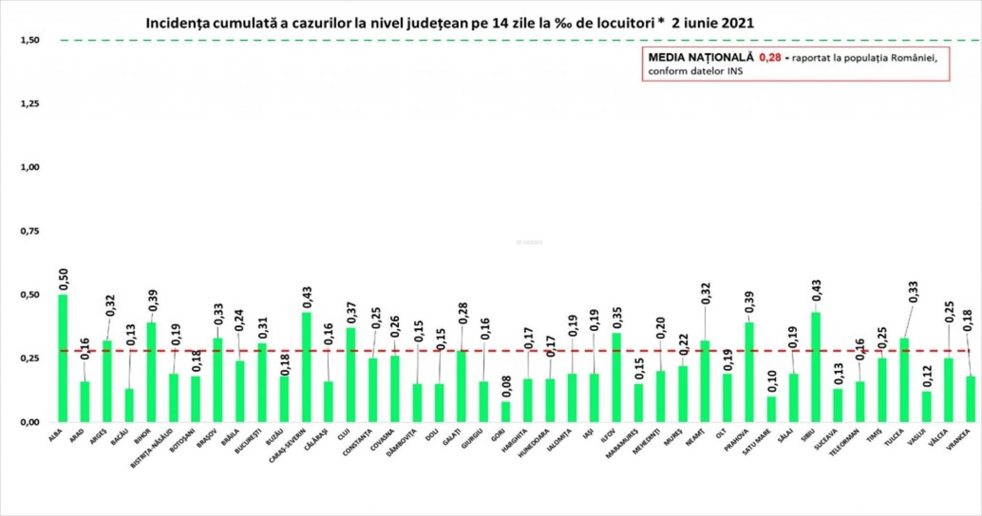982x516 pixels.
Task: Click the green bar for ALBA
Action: point(63,358)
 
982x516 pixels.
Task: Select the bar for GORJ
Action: point(505,412)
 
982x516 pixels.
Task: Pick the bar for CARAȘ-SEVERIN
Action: point(306,367)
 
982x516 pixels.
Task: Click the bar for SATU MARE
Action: point(771,409)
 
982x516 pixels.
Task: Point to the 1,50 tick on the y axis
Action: point(30,40)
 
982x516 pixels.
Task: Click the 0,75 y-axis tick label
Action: point(30,231)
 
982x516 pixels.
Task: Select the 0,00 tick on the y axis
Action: point(30,422)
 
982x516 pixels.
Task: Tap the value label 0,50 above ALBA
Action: point(63,279)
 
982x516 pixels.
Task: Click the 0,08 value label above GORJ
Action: point(506,387)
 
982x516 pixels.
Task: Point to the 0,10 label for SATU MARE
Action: point(772,381)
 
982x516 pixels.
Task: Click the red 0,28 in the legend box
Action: point(770,58)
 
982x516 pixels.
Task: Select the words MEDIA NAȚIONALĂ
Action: point(701,58)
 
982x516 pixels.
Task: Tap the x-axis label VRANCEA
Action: point(958,439)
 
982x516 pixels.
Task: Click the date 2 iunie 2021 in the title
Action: point(712,24)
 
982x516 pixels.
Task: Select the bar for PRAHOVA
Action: point(749,372)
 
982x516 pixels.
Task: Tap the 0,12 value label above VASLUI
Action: point(927,377)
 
